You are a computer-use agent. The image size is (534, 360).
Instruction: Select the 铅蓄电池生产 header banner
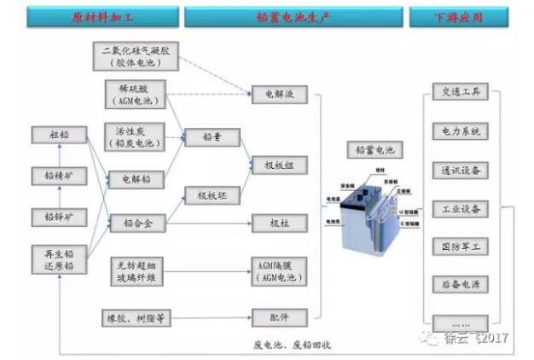tap(295, 15)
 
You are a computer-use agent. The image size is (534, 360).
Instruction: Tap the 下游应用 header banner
tap(459, 15)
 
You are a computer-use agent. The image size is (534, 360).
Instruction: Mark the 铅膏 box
tap(212, 136)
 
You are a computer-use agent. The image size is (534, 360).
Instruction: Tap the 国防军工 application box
tap(460, 247)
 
